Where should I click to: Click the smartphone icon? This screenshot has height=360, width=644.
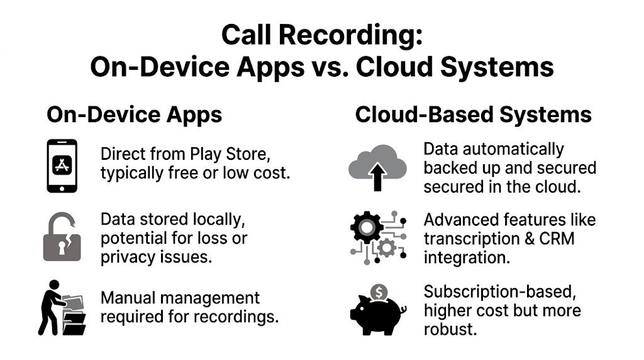pyautogui.click(x=62, y=166)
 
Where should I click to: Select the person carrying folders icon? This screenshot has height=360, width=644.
pyautogui.click(x=62, y=308)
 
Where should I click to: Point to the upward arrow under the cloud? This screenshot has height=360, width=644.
pyautogui.click(x=378, y=178)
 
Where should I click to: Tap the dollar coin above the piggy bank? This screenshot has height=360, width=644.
pyautogui.click(x=379, y=291)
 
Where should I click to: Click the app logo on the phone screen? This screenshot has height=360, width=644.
pyautogui.click(x=62, y=165)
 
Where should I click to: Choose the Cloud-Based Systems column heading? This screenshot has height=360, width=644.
pyautogui.click(x=473, y=115)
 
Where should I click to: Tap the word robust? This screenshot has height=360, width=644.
pyautogui.click(x=449, y=329)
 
